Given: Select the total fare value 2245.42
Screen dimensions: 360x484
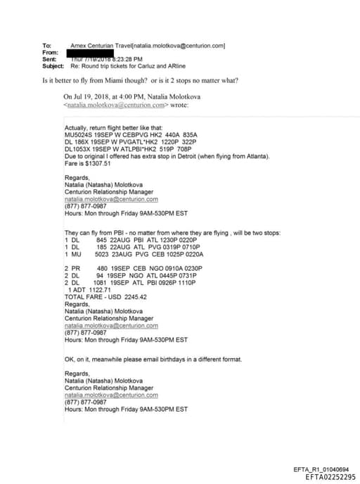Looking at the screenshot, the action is tap(134, 297).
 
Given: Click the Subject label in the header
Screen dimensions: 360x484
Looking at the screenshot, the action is tap(53, 66).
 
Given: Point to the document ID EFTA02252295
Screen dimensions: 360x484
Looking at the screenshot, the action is tap(330, 476).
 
